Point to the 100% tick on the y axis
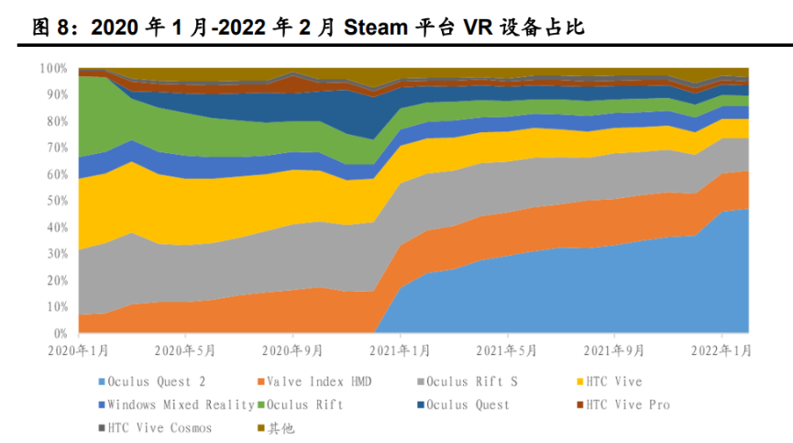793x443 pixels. click(53, 69)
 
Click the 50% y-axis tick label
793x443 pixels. click(56, 201)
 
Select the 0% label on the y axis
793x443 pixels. click(59, 333)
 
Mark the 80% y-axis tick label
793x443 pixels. click(56, 121)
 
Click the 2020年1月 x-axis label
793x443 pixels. click(80, 349)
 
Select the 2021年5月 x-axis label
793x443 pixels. click(507, 349)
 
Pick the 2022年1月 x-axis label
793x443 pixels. click(721, 349)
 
